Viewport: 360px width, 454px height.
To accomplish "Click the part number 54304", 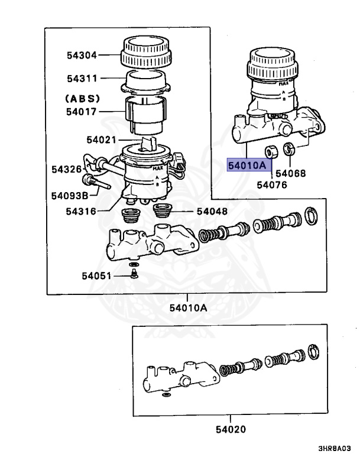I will (x=82, y=55).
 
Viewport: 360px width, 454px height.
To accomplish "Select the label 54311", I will (x=82, y=78).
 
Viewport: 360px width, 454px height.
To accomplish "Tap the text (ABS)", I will (x=82, y=98).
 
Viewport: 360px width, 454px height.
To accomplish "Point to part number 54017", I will (x=82, y=110).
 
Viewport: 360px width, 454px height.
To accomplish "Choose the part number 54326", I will (x=66, y=169).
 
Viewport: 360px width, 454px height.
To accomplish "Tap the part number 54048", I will (x=212, y=211).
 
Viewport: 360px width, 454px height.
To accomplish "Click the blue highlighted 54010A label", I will (x=248, y=166).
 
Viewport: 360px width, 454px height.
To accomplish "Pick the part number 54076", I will (x=271, y=184).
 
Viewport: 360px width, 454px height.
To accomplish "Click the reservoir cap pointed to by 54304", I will (x=145, y=53).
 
